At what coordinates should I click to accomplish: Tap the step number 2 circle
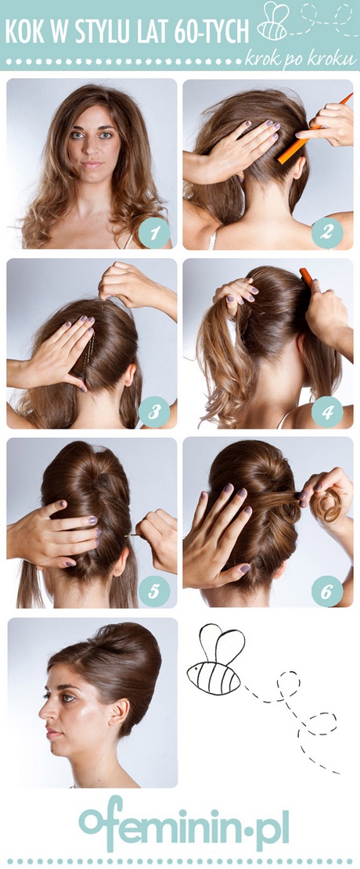click(x=326, y=232)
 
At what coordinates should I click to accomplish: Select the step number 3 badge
click(x=154, y=411)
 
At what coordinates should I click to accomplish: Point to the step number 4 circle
click(x=326, y=411)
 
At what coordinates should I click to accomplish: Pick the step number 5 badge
click(x=154, y=591)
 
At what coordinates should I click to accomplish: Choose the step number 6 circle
click(x=326, y=591)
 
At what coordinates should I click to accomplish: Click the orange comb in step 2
click(x=315, y=128)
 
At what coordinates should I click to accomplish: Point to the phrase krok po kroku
click(x=301, y=59)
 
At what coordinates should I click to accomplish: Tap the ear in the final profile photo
click(x=118, y=712)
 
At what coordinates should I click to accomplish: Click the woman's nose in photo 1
click(x=92, y=146)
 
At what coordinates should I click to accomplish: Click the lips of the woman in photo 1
click(x=92, y=164)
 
